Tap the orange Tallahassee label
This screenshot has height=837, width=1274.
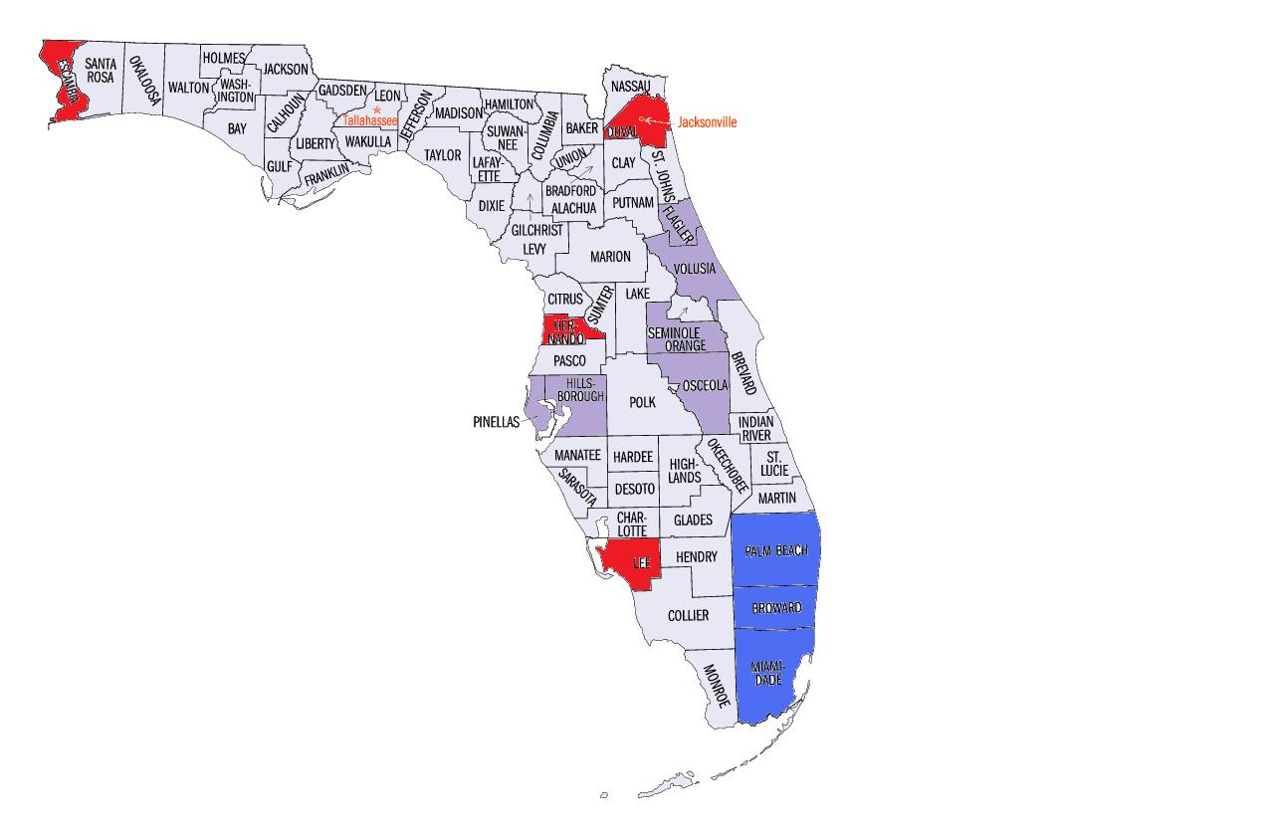(x=370, y=119)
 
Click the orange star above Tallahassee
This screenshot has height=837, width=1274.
(x=377, y=109)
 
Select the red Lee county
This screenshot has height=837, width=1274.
(x=629, y=563)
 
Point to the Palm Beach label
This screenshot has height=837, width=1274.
(x=775, y=551)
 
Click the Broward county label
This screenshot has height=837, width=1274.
(x=775, y=608)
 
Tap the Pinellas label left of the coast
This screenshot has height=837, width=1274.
(x=496, y=422)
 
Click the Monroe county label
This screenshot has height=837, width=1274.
(x=717, y=686)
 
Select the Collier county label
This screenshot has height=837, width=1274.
(x=688, y=616)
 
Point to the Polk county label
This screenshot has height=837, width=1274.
(x=643, y=402)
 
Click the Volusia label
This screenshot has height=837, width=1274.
(x=694, y=269)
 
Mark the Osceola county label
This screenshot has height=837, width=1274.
(x=707, y=385)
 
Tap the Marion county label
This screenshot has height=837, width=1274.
(x=610, y=257)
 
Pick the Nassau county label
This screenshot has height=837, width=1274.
(x=630, y=87)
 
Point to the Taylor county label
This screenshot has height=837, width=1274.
(x=443, y=155)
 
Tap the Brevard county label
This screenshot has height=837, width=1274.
(x=743, y=372)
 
